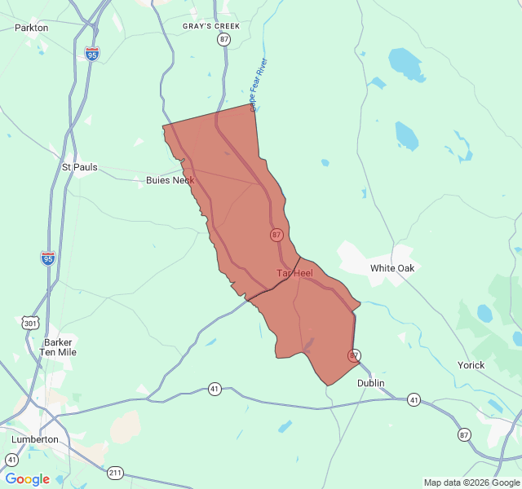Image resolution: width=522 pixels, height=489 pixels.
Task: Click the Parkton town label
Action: (32, 28)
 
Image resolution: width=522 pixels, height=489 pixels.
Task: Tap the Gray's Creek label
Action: (211, 26)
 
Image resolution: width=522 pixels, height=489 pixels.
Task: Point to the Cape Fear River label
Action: (259, 85)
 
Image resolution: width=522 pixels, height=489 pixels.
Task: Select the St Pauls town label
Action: (80, 167)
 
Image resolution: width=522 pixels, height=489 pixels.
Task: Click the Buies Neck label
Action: (170, 180)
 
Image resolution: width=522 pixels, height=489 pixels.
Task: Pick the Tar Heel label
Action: (294, 273)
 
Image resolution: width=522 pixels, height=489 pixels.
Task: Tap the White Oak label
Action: (392, 268)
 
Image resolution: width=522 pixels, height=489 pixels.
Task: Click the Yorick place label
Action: (471, 365)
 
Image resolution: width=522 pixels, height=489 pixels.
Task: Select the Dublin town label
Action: (370, 383)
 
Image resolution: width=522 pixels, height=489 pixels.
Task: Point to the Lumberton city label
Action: (35, 439)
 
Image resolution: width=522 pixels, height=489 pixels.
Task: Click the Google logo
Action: (27, 479)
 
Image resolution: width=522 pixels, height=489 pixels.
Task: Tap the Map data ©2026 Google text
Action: (471, 482)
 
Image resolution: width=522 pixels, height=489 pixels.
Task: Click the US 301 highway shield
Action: (31, 324)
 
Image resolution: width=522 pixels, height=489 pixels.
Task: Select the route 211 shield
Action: (115, 473)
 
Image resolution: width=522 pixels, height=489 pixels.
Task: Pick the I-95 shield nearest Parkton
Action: (92, 54)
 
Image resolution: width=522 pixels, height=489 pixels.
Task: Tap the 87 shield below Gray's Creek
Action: (224, 39)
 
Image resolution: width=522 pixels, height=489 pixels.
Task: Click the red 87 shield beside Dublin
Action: (354, 356)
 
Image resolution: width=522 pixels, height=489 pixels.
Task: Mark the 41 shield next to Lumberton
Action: (11, 460)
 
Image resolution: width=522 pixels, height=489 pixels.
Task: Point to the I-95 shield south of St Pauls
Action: (48, 259)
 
